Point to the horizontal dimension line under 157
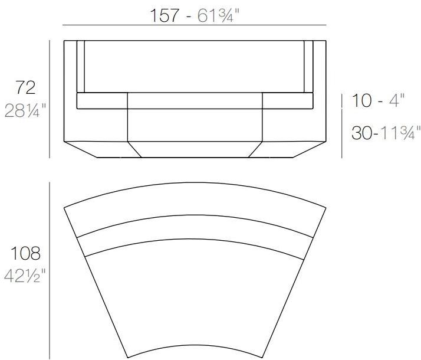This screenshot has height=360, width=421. tap(194, 25)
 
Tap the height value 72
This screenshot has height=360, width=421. tap(25, 88)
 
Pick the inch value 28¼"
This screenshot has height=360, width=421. tap(25, 110)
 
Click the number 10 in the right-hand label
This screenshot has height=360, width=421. tap(361, 101)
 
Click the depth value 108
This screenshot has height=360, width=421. tap(25, 254)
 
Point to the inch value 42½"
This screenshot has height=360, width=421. tap(25, 276)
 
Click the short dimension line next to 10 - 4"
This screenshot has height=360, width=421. tap(342, 101)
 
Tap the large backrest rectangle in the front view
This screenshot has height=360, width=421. tap(194, 66)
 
